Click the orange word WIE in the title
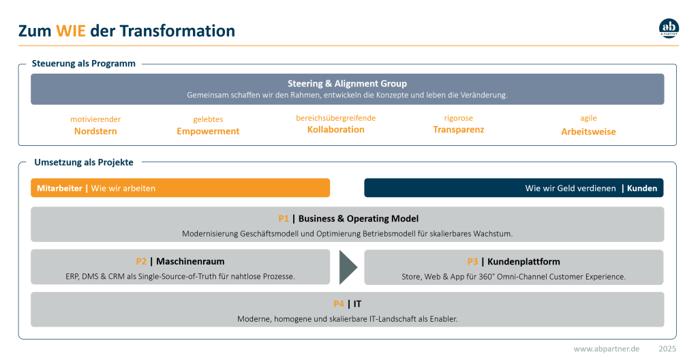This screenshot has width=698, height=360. pyautogui.click(x=71, y=31)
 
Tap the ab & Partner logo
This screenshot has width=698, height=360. pyautogui.click(x=669, y=28)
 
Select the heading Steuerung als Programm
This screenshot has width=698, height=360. pyautogui.click(x=84, y=63)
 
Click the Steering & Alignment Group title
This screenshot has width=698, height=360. pyautogui.click(x=347, y=83)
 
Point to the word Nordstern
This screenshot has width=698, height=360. pyautogui.click(x=95, y=131)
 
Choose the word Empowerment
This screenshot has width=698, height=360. pyautogui.click(x=208, y=131)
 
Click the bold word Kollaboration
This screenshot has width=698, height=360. pyautogui.click(x=335, y=130)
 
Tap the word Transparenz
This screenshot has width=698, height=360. pyautogui.click(x=459, y=130)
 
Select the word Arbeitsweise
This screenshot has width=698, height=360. pyautogui.click(x=588, y=132)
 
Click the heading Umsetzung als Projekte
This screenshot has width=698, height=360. pyautogui.click(x=84, y=162)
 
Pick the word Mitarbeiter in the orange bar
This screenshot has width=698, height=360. pyautogui.click(x=60, y=188)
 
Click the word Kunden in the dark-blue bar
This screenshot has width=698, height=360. pyautogui.click(x=642, y=188)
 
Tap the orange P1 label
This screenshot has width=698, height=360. pyautogui.click(x=284, y=219)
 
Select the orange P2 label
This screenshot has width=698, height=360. pyautogui.click(x=141, y=262)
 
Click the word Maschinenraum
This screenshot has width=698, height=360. pyautogui.click(x=190, y=262)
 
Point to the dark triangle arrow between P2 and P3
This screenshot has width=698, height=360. pyautogui.click(x=347, y=267)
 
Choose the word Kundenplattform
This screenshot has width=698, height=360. pyautogui.click(x=523, y=262)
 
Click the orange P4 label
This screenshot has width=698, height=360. pyautogui.click(x=339, y=304)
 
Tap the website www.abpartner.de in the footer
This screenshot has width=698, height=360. pyautogui.click(x=607, y=349)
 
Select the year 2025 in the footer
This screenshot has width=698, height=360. pyautogui.click(x=667, y=349)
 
